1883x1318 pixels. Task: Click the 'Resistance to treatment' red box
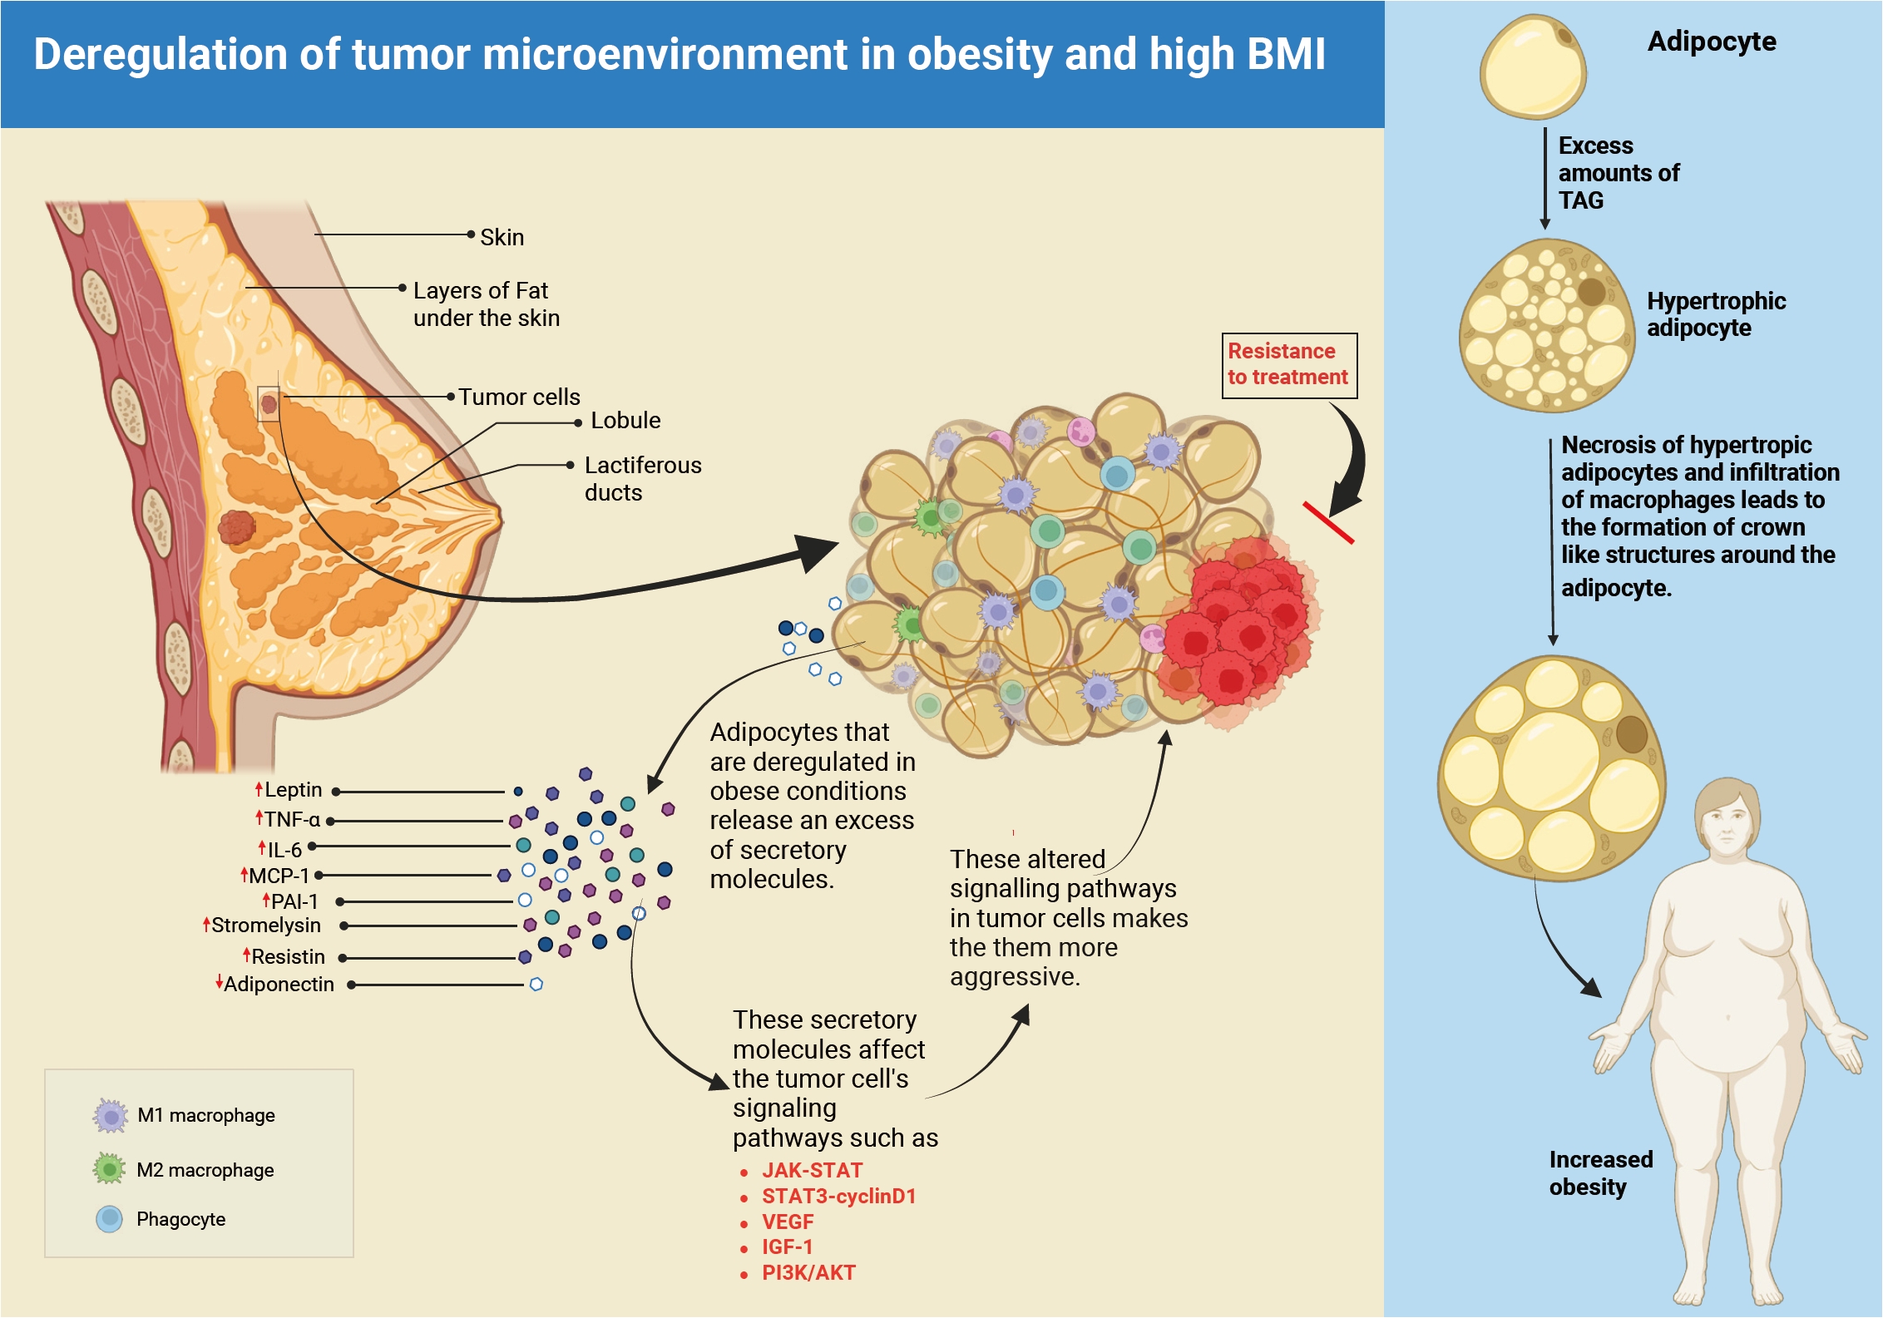click(x=1289, y=366)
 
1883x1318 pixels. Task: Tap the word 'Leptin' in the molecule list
click(x=293, y=789)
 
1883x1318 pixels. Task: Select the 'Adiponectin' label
click(x=279, y=984)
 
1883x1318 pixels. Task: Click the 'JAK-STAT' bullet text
click(x=812, y=1170)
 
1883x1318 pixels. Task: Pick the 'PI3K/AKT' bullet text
click(x=808, y=1272)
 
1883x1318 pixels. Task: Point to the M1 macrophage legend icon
click(x=111, y=1116)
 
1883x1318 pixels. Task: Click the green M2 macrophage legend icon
click(x=110, y=1169)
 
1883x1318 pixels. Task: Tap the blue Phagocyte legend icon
click(x=110, y=1219)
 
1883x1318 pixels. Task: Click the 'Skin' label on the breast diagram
click(x=502, y=237)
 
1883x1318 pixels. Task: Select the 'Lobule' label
click(x=625, y=420)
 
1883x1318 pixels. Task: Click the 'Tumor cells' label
click(x=519, y=397)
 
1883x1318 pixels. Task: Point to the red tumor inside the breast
click(x=237, y=527)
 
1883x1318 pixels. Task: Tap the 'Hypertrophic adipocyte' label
click(x=1716, y=314)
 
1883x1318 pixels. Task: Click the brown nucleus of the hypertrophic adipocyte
click(x=1592, y=292)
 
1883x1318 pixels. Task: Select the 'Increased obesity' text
click(x=1601, y=1172)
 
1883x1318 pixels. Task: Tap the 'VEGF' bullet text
click(x=788, y=1222)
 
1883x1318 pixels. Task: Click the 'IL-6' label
click(x=284, y=849)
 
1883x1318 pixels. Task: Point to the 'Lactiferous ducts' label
click(x=643, y=478)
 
